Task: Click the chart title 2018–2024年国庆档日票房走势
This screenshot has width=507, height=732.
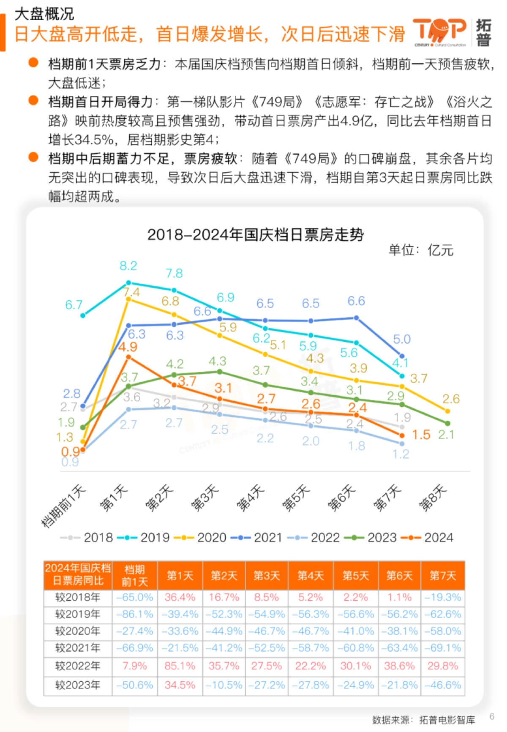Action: click(255, 234)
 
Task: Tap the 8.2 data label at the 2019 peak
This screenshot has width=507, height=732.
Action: click(128, 266)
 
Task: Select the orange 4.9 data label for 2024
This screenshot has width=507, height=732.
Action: click(127, 347)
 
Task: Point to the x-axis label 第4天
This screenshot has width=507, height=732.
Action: click(251, 498)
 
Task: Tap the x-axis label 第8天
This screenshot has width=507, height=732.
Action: click(432, 498)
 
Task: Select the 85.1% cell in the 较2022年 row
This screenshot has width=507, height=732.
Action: click(180, 666)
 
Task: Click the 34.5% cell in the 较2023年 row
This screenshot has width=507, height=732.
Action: click(180, 685)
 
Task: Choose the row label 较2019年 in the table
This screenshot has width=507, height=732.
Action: click(78, 614)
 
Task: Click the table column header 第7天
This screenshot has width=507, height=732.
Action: click(442, 575)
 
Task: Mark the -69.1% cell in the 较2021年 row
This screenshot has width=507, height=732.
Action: click(442, 648)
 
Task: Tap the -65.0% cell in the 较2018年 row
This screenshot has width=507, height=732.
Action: click(134, 597)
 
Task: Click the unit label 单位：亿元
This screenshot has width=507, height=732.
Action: click(420, 250)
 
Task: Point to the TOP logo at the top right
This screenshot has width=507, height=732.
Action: click(439, 32)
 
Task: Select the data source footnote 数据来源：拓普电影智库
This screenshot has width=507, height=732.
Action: click(423, 720)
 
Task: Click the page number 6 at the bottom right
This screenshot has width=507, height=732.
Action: click(492, 716)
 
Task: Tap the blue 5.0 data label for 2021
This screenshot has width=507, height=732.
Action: click(401, 339)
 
